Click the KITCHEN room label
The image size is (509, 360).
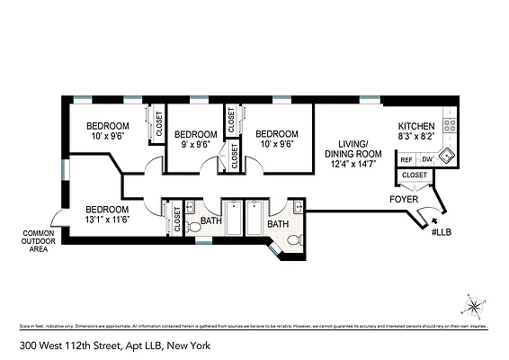click(x=416, y=126)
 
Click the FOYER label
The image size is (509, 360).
click(x=405, y=199)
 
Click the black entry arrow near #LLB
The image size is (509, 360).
click(x=436, y=217)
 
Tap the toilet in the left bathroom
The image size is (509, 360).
click(x=193, y=228)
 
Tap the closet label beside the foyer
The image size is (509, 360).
click(x=415, y=175)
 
